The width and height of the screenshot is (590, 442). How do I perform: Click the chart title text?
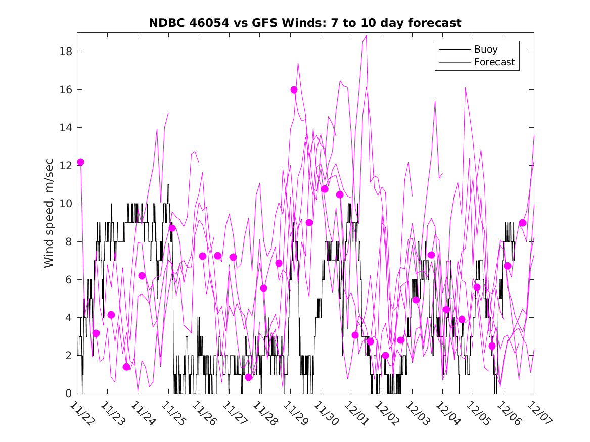305,23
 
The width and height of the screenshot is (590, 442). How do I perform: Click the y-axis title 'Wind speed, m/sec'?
49,213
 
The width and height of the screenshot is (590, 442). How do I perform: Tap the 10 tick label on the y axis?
66,204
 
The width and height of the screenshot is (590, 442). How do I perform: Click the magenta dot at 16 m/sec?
294,90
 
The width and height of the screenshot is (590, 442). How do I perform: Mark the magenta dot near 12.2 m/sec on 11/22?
80,162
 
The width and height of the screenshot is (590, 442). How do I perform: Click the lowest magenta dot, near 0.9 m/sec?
248,377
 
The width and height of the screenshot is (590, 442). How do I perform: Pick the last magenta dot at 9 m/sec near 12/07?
523,223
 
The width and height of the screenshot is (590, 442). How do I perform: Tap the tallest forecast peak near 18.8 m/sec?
366,36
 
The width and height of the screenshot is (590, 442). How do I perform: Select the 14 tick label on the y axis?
66,128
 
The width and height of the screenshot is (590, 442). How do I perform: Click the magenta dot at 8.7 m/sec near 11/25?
172,228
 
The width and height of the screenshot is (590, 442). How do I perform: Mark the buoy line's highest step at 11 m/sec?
168,185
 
